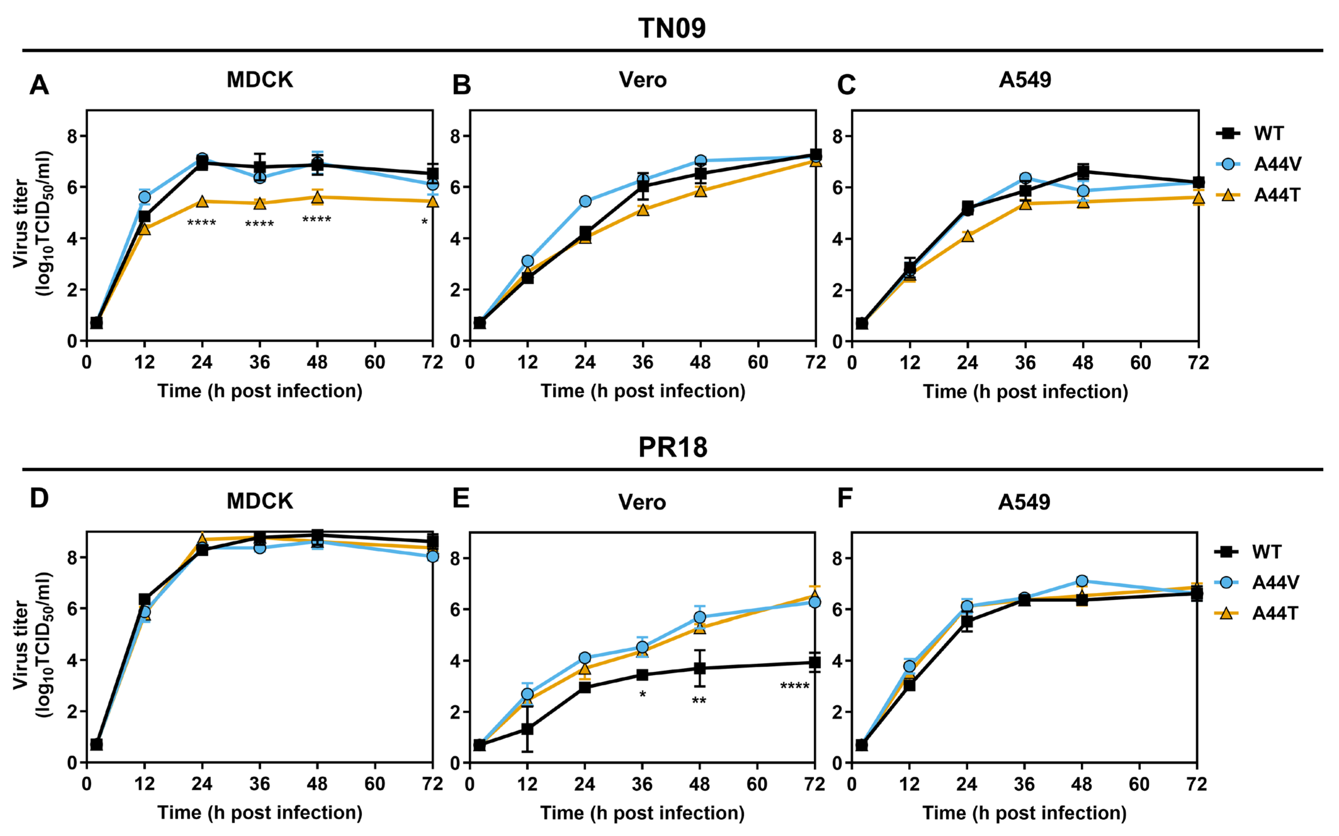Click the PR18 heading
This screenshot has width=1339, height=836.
tap(673, 447)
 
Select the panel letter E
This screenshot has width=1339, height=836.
tap(461, 498)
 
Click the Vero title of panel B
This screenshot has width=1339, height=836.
tap(643, 80)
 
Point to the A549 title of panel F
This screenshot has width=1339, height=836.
tap(1024, 502)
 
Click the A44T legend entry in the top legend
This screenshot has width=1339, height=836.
tap(1257, 195)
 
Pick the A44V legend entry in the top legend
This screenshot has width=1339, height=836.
tap(1257, 164)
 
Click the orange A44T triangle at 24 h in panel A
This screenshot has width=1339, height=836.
tap(202, 202)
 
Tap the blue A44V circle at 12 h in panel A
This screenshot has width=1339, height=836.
tap(144, 197)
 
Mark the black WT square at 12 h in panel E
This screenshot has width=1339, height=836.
tap(527, 729)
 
